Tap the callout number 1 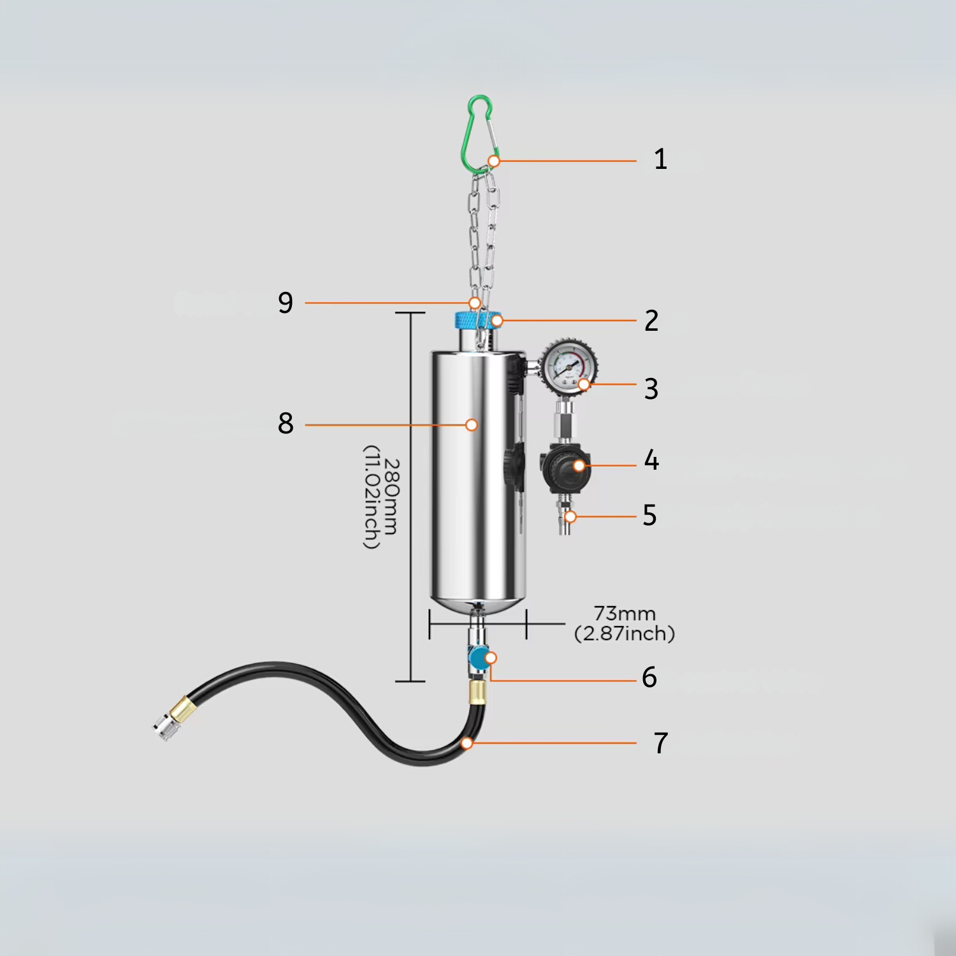pyautogui.click(x=660, y=159)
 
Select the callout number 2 pyautogui.click(x=651, y=321)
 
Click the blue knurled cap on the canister pyautogui.click(x=477, y=319)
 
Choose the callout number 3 pyautogui.click(x=651, y=389)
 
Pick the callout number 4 pyautogui.click(x=651, y=460)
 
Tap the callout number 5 pyautogui.click(x=649, y=516)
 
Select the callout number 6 pyautogui.click(x=649, y=677)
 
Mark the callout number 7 pyautogui.click(x=660, y=743)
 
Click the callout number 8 pyautogui.click(x=286, y=423)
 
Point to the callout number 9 pyautogui.click(x=286, y=302)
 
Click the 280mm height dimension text pyautogui.click(x=381, y=497)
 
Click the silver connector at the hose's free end pyautogui.click(x=164, y=727)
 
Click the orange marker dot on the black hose pyautogui.click(x=467, y=743)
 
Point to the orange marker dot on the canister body pyautogui.click(x=472, y=424)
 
